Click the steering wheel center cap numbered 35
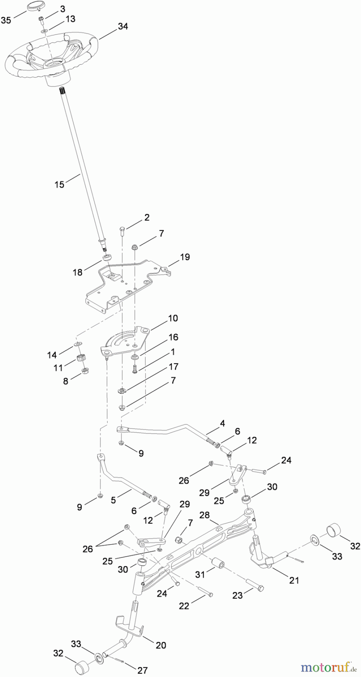pos(34,8)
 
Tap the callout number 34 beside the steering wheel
pos(123,26)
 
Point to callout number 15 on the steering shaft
pos(59,184)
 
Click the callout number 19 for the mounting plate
pos(185,257)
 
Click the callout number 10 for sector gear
pos(173,318)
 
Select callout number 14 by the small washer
pos(52,355)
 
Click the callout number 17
pos(174,366)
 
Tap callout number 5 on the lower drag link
pos(113,500)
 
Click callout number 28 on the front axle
pos(204,515)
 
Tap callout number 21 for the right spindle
pos(294,580)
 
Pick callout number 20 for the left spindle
pos(161,645)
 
